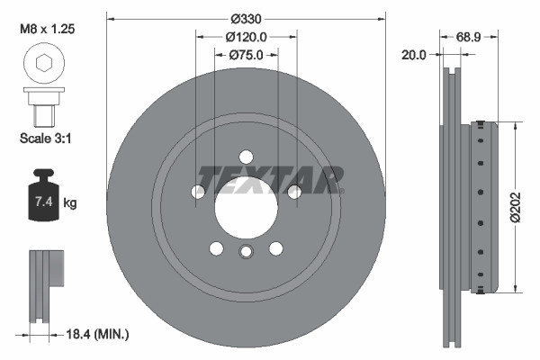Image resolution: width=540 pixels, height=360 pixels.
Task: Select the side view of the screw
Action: [43, 106]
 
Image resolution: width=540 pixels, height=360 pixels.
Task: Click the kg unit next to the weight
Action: [70, 203]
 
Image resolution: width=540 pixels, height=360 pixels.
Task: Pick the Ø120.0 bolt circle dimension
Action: [245, 38]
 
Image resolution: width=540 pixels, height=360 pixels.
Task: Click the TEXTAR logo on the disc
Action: [270, 180]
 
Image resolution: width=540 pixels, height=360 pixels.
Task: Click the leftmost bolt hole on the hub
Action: [198, 191]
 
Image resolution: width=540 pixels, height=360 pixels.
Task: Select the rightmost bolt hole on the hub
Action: [292, 191]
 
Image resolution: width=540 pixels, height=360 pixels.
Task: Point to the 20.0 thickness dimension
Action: [414, 55]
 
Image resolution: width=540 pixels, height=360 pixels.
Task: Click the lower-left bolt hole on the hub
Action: [216, 247]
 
